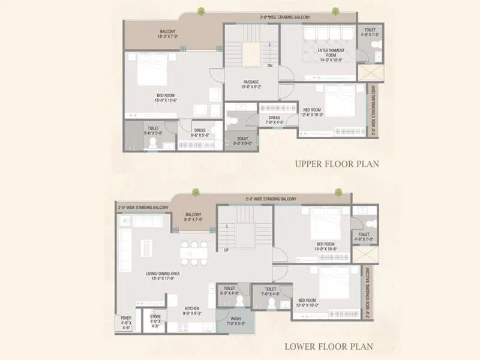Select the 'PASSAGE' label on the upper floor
click(x=251, y=85)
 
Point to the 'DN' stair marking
click(x=270, y=65)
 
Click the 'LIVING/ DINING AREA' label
click(x=163, y=276)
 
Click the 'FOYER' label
click(x=126, y=321)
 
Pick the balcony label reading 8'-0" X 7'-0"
click(x=193, y=217)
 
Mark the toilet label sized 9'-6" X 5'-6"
click(x=153, y=131)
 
